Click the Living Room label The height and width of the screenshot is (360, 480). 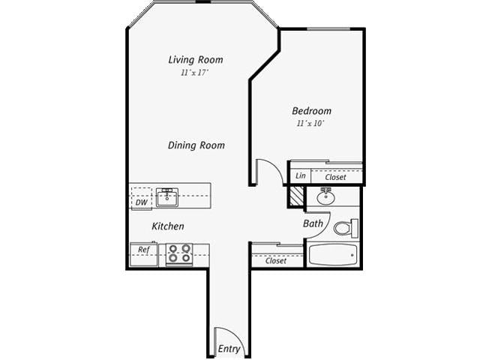pyautogui.click(x=195, y=60)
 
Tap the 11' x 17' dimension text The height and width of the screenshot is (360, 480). pyautogui.click(x=194, y=73)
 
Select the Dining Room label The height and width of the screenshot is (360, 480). pyautogui.click(x=196, y=145)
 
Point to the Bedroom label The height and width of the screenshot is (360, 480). pyautogui.click(x=311, y=111)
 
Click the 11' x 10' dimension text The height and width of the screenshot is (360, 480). pyautogui.click(x=311, y=123)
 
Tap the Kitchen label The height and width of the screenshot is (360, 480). pyautogui.click(x=168, y=226)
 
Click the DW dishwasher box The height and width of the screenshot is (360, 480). pyautogui.click(x=141, y=202)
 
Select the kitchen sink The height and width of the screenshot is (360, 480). pyautogui.click(x=166, y=198)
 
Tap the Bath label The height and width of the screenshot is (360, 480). pyautogui.click(x=313, y=223)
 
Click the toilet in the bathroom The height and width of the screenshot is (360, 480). pyautogui.click(x=344, y=228)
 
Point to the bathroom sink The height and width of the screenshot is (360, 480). pyautogui.click(x=327, y=198)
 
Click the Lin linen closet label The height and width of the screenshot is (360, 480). pyautogui.click(x=300, y=175)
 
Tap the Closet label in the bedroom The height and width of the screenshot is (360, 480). pyautogui.click(x=335, y=177)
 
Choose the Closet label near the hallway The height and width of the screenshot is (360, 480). pyautogui.click(x=276, y=261)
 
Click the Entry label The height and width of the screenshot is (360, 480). pyautogui.click(x=229, y=349)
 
